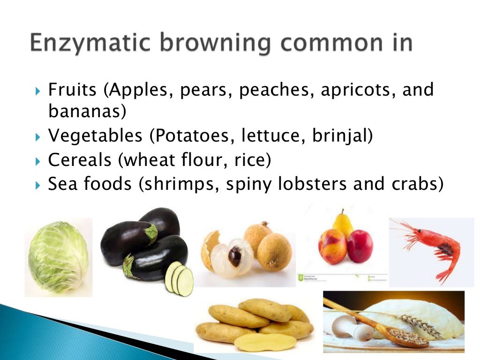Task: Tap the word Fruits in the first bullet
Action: [73, 90]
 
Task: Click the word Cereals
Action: [80, 160]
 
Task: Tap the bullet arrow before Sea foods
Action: [39, 185]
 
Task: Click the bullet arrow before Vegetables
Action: [39, 137]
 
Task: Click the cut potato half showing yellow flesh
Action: [265, 342]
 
